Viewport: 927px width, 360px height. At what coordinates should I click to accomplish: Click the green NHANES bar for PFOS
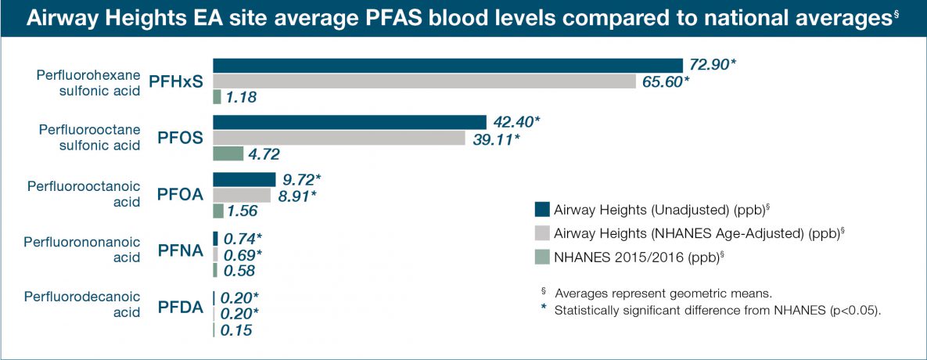pos(228,154)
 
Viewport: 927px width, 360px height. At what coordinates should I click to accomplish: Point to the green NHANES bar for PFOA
pos(218,211)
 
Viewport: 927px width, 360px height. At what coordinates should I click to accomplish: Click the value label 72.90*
pos(711,65)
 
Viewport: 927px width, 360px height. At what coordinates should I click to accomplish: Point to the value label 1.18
pos(241,98)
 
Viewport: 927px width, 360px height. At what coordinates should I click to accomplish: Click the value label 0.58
pos(240,270)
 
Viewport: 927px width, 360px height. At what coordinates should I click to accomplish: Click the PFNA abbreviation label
pos(181,252)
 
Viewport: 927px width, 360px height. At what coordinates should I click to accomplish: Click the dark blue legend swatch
pos(542,209)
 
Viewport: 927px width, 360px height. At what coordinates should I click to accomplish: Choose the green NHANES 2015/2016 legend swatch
pos(542,256)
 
